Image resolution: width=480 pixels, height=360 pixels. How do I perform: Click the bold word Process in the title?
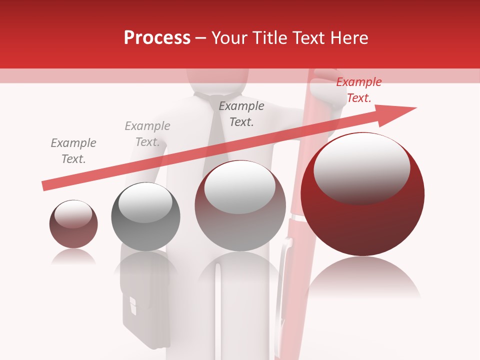click(157, 37)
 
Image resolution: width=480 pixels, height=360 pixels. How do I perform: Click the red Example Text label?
click(358, 90)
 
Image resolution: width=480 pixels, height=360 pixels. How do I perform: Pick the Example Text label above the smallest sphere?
click(73, 151)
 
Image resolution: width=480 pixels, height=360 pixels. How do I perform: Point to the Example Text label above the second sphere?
click(147, 134)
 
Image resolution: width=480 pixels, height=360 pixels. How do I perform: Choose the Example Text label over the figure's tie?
click(241, 114)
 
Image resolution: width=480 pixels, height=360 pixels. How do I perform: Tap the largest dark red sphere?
click(362, 215)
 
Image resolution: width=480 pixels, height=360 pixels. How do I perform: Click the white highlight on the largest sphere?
click(361, 167)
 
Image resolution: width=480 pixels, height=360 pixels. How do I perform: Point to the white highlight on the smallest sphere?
click(73, 214)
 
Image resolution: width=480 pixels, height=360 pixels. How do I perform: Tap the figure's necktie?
click(216, 135)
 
